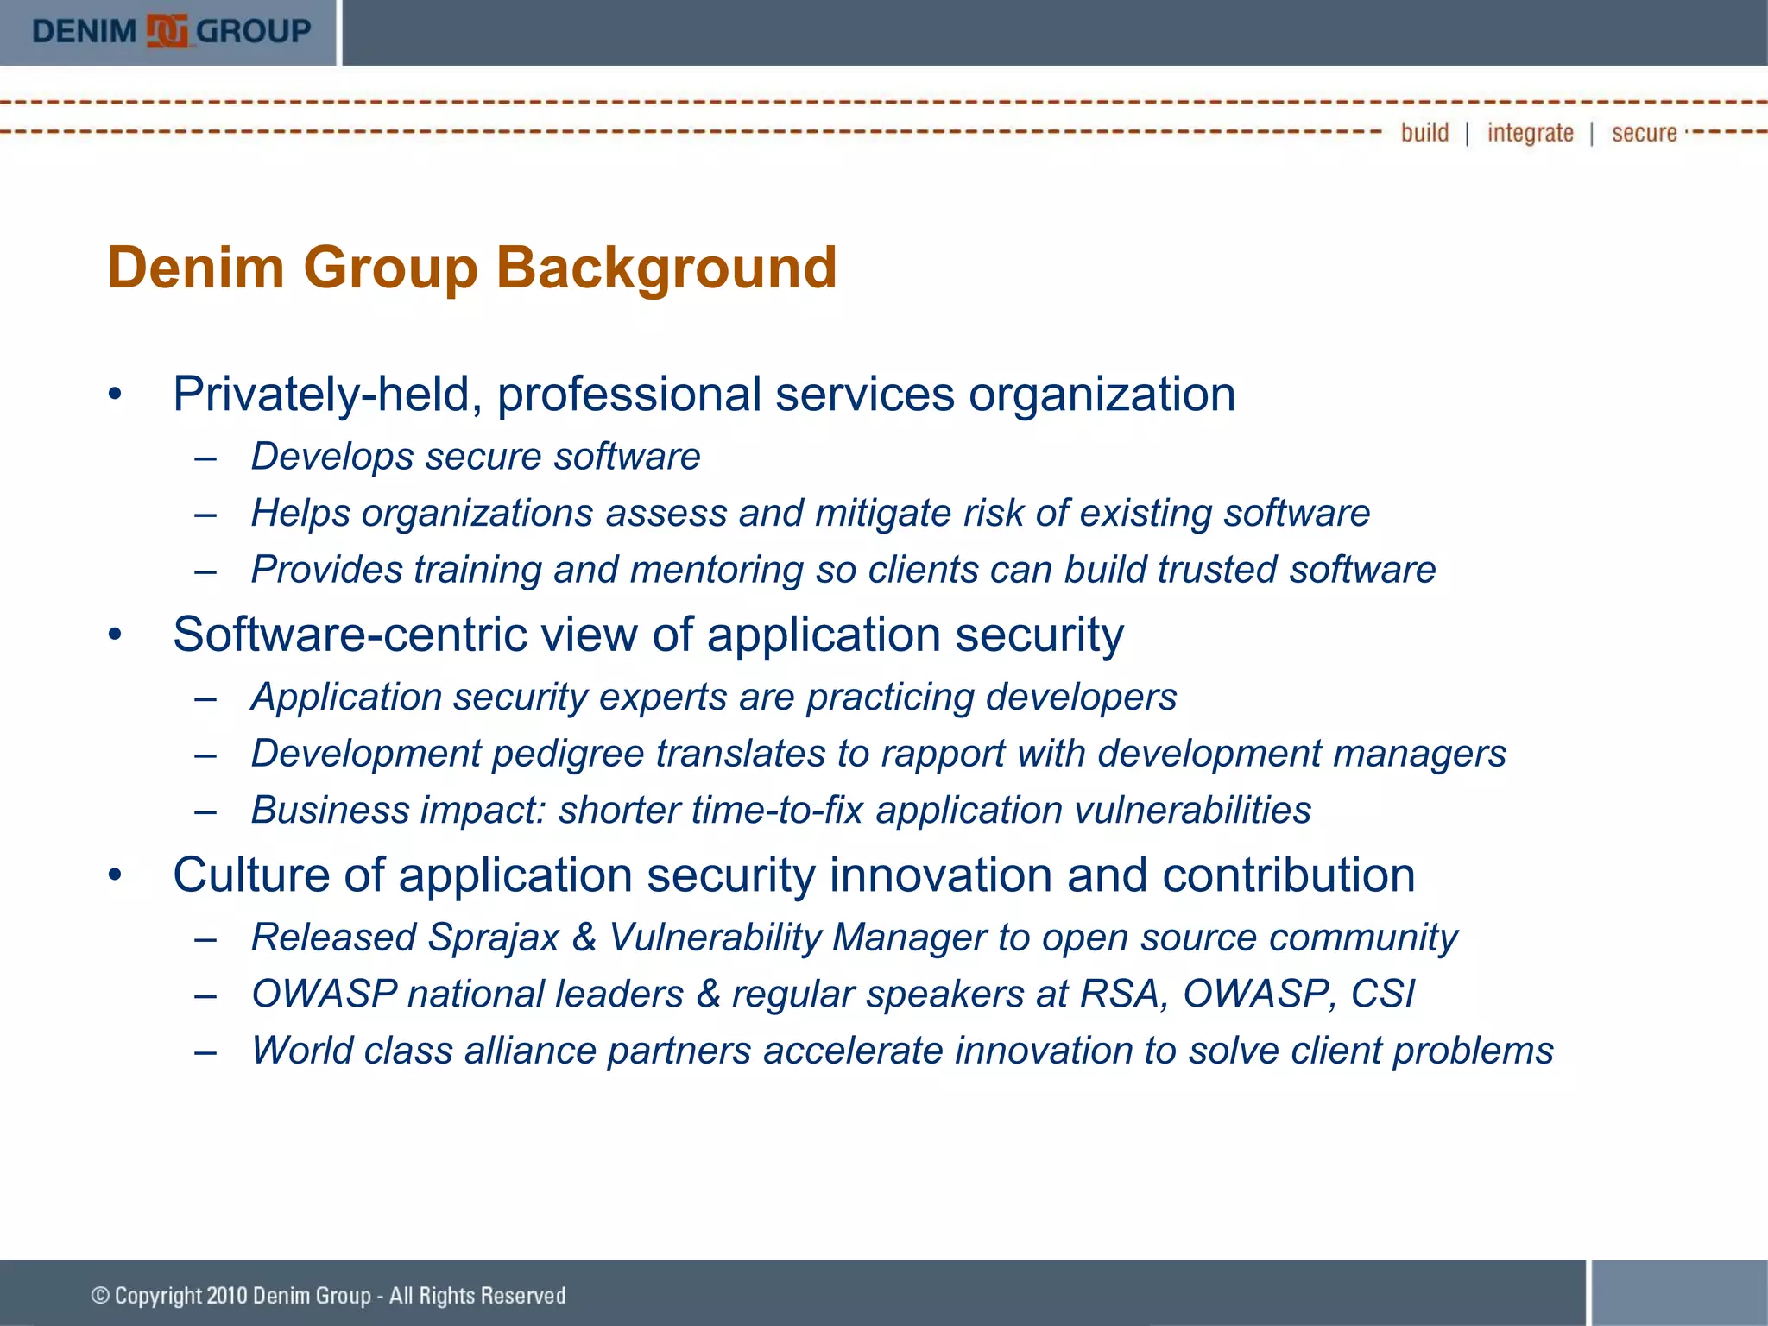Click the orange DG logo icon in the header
(167, 32)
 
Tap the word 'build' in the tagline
(1424, 133)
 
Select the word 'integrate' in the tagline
(1530, 133)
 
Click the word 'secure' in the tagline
(1644, 133)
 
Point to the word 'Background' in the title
(666, 268)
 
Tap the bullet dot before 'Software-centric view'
(116, 635)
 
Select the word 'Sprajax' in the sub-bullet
(493, 938)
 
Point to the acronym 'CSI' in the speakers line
(1382, 994)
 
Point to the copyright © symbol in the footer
(100, 1296)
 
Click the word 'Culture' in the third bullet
(251, 875)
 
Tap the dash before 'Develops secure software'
(205, 458)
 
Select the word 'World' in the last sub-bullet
(301, 1051)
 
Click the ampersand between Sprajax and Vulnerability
(584, 938)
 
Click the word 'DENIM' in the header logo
(85, 32)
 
